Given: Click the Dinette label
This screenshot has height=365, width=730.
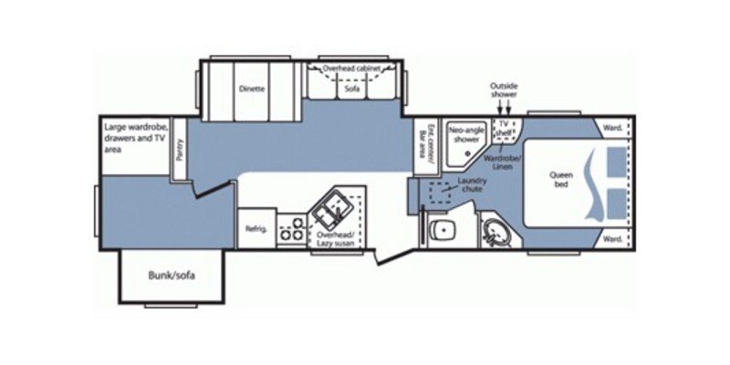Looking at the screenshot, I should [252, 89].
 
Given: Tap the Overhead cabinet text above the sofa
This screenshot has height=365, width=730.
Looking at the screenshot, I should [352, 68].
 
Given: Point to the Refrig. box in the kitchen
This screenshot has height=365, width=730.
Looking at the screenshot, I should [256, 228].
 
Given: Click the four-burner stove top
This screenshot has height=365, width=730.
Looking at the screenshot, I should [292, 229].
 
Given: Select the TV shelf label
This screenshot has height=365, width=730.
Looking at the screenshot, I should [503, 128].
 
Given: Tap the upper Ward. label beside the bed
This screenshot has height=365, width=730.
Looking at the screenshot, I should [613, 128].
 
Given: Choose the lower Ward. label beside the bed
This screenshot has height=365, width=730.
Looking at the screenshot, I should [613, 239].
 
